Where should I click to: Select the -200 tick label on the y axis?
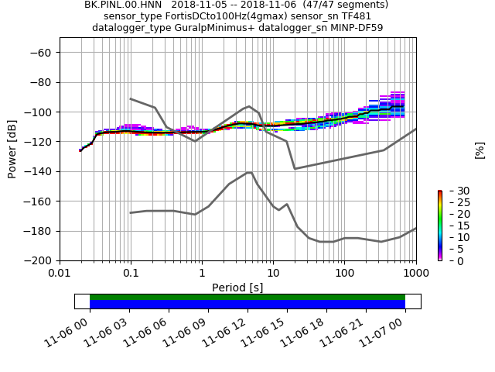coord(39,261)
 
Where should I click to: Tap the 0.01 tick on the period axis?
coord(60,274)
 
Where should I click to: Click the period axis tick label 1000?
coord(416,274)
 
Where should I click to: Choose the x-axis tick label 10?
coord(273,274)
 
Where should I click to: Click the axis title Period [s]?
coord(237,288)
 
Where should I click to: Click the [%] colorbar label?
coord(480,150)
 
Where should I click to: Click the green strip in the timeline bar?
coord(247,297)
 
